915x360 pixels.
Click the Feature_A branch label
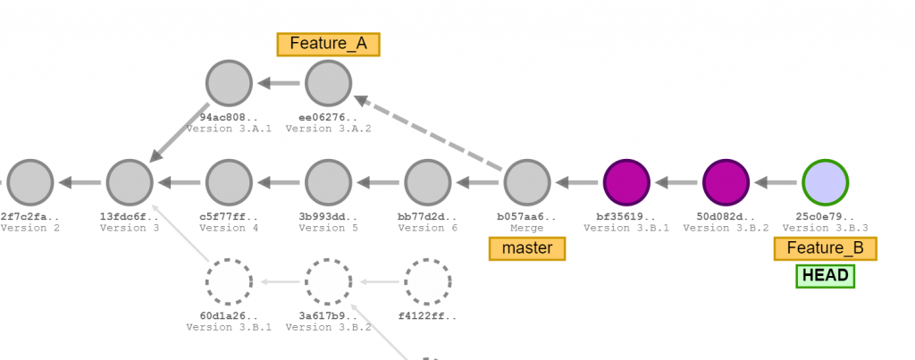(328, 44)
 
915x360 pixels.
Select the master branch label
(527, 247)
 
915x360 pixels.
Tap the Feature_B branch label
(825, 248)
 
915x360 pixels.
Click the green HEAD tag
(825, 276)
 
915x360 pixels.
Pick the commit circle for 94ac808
(229, 83)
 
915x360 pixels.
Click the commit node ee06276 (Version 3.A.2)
(328, 83)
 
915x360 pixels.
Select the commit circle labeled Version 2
(30, 182)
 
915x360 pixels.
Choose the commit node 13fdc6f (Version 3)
(130, 182)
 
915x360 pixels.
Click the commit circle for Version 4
(229, 182)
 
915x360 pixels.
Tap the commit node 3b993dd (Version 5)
(328, 182)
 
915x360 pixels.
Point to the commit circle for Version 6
(427, 182)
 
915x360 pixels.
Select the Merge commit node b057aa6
(526, 182)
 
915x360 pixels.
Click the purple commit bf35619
(625, 182)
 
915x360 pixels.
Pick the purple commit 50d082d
(725, 182)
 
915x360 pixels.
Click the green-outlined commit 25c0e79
(824, 182)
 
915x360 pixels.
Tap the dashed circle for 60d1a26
(229, 281)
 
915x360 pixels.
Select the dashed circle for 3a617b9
(328, 281)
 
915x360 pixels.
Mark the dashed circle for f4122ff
(427, 281)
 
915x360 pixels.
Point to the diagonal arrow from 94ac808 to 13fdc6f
(179, 133)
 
